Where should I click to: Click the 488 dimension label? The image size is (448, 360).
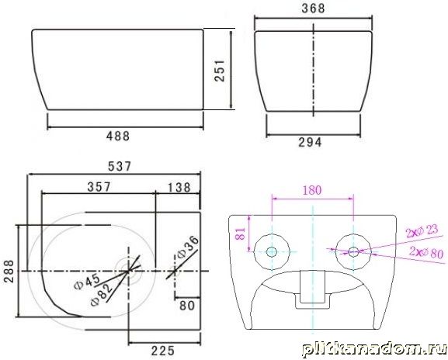pyautogui.click(x=118, y=137)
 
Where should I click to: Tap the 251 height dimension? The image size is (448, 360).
pyautogui.click(x=220, y=71)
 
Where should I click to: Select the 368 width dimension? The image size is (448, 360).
pyautogui.click(x=313, y=9)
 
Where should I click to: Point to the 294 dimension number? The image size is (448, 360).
pyautogui.click(x=310, y=142)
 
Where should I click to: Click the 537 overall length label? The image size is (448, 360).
pyautogui.click(x=120, y=167)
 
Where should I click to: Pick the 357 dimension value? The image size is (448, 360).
pyautogui.click(x=99, y=187)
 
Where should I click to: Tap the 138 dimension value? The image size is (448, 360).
pyautogui.click(x=179, y=188)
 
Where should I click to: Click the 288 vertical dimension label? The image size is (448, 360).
pyautogui.click(x=9, y=271)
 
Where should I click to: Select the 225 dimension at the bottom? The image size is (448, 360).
pyautogui.click(x=163, y=351)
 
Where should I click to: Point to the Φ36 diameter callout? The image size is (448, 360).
pyautogui.click(x=187, y=247)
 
